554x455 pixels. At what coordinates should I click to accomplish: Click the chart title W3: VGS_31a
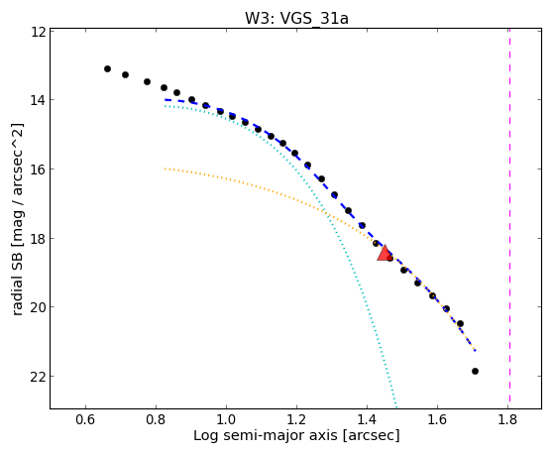click(x=296, y=19)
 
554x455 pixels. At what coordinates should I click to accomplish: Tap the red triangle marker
click(x=385, y=253)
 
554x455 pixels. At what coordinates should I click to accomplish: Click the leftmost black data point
click(x=107, y=69)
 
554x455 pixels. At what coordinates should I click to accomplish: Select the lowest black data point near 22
click(x=475, y=371)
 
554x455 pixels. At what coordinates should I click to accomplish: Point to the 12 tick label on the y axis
click(x=39, y=32)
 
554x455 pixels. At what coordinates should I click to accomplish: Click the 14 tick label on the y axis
click(x=39, y=100)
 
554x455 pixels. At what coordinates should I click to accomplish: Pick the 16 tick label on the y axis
click(x=39, y=169)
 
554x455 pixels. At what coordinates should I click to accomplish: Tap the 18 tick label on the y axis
click(x=39, y=238)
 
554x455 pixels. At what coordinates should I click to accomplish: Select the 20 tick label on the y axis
click(x=39, y=307)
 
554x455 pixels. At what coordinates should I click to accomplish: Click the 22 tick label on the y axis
click(x=39, y=377)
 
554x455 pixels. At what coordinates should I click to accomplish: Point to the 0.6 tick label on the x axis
click(x=85, y=419)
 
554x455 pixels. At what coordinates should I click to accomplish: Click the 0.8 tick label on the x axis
click(x=156, y=419)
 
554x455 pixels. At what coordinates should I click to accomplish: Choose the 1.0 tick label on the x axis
click(x=226, y=419)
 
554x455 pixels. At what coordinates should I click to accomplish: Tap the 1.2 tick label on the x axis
click(x=296, y=419)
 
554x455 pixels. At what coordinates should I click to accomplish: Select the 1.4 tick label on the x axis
click(x=367, y=419)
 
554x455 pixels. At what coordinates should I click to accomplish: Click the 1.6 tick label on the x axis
click(x=437, y=419)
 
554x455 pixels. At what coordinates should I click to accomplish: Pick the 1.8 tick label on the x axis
click(x=507, y=419)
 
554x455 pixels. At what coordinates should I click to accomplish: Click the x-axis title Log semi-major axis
click(x=266, y=435)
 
